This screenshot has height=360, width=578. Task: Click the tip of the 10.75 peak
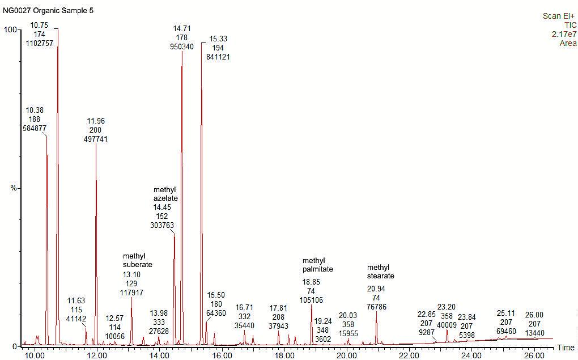tap(57, 29)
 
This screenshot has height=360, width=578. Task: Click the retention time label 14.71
tap(182, 28)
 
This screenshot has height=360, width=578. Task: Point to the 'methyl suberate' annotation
tap(138, 260)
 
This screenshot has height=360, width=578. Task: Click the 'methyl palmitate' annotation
tap(317, 265)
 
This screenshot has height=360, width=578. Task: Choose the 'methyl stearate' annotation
tap(380, 272)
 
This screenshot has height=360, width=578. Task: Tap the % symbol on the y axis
tap(14, 188)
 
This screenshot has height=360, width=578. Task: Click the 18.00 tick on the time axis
tap(284, 355)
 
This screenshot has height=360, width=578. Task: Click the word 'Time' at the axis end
tap(565, 348)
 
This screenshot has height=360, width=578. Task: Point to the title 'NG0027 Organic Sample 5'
tap(48, 10)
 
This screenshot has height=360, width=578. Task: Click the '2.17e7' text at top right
tap(564, 34)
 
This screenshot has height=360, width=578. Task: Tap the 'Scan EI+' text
tap(559, 16)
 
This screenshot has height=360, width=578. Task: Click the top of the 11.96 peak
tap(96, 145)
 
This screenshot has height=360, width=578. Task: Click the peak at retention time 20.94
tap(376, 312)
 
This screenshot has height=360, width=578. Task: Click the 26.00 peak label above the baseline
tap(534, 315)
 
